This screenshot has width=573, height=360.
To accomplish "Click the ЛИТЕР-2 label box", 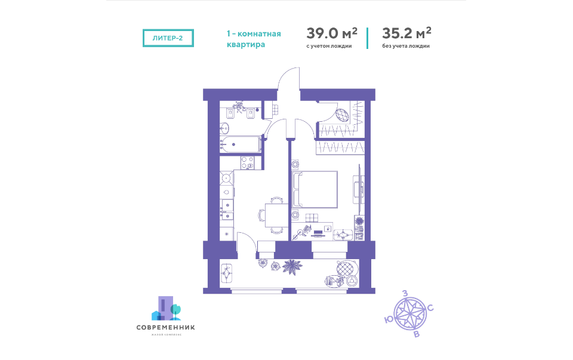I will coord(168,38).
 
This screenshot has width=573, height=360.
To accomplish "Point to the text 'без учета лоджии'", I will coord(406,46).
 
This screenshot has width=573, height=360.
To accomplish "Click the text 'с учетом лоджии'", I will coord(329,46).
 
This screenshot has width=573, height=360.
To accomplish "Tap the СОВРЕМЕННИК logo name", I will coord(165,327).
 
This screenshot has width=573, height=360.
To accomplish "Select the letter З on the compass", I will coord(405,293).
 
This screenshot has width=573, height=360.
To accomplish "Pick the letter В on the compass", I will coord(416,333).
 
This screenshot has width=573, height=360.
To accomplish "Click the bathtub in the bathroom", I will coord(241,144).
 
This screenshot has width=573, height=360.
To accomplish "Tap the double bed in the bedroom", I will coord(316,189).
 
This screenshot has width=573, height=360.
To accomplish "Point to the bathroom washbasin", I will coord(224,127).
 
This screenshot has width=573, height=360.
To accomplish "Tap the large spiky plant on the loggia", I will coord(292,266).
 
